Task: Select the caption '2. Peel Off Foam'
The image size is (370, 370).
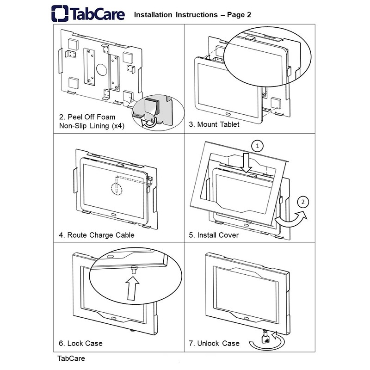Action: click(x=87, y=117)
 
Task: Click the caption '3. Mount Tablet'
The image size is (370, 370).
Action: click(x=214, y=125)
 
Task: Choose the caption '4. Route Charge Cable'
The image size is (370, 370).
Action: click(x=97, y=235)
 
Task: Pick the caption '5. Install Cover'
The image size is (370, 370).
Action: click(x=214, y=235)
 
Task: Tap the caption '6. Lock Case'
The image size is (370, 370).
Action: click(x=80, y=343)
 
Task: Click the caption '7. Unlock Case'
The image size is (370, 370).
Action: click(x=214, y=343)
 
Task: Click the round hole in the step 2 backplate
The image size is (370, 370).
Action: click(x=99, y=71)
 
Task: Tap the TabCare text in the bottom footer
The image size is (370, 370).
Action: click(x=71, y=358)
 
